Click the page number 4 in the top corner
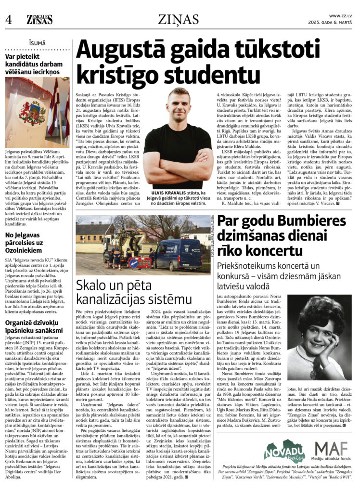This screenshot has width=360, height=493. click(x=8, y=20)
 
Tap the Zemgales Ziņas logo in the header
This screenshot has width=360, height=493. click(x=39, y=19)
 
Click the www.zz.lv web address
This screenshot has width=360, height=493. click(x=340, y=16)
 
